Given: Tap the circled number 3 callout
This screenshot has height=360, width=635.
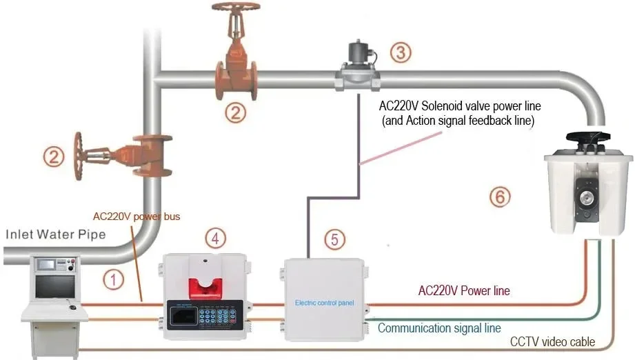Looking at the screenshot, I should [x=401, y=52].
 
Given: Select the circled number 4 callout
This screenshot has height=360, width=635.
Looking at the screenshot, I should [x=216, y=239].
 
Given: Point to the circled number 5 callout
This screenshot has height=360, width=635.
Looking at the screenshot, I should [x=334, y=240].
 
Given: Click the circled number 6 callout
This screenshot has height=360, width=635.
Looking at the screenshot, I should [x=501, y=197].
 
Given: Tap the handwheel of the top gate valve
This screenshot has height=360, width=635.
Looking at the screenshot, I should [x=236, y=8].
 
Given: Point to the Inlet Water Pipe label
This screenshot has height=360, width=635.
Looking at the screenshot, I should [x=56, y=234].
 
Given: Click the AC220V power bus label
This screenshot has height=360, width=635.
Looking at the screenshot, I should [x=137, y=217].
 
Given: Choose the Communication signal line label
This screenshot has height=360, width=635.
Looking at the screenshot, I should [x=439, y=328].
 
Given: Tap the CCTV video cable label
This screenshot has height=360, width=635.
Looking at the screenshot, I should [x=552, y=342].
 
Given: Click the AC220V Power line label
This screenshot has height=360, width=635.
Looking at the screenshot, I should [x=464, y=291].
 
